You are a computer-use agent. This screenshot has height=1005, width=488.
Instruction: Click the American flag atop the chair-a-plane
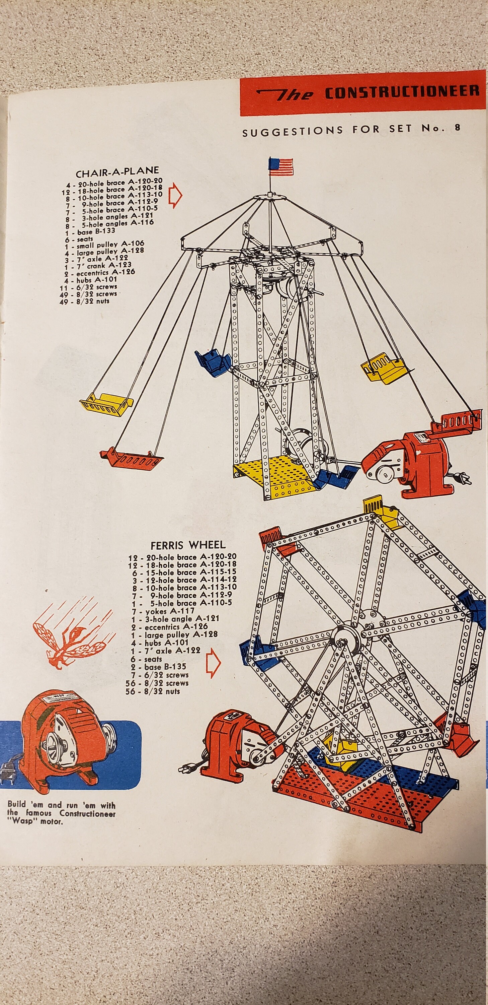[x=280, y=165]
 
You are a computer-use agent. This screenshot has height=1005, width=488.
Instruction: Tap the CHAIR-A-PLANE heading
[x=117, y=171]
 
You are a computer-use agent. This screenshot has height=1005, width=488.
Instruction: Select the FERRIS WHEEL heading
[x=188, y=545]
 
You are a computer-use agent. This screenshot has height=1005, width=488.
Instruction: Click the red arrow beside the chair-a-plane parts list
[x=175, y=195]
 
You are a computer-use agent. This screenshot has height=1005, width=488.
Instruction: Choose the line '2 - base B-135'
[x=158, y=667]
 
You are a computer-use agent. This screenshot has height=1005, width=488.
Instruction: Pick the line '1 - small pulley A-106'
[x=104, y=245]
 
